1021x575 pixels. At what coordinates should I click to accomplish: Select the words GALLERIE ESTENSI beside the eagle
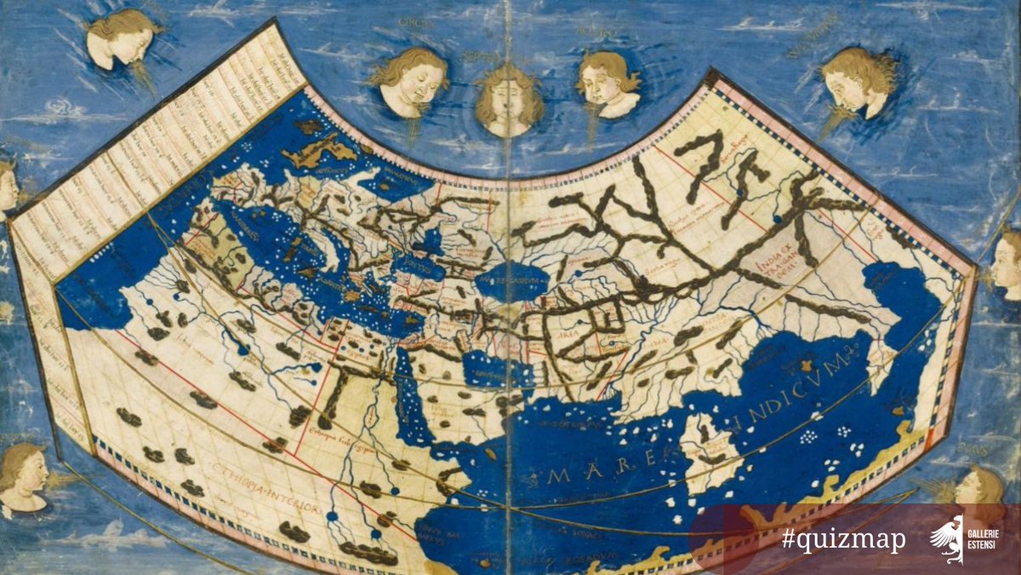point(987,539)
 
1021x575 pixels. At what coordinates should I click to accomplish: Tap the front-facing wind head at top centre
point(508,100)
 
